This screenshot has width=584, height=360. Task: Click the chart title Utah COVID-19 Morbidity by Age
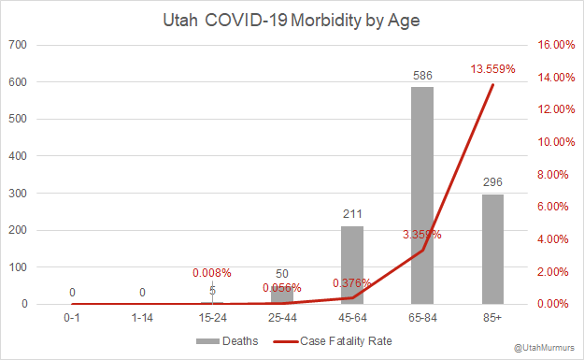292,18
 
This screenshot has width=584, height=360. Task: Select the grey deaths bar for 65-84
422,195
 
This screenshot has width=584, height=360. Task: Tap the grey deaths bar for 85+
492,249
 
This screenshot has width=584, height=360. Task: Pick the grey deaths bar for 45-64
352,265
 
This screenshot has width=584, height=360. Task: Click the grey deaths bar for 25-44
282,295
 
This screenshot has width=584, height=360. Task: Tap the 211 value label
352,212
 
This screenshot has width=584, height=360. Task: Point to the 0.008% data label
212,273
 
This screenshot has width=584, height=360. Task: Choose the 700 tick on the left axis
19,45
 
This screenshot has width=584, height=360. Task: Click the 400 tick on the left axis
19,156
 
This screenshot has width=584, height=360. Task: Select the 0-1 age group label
72,320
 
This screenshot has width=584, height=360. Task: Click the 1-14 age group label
142,320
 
